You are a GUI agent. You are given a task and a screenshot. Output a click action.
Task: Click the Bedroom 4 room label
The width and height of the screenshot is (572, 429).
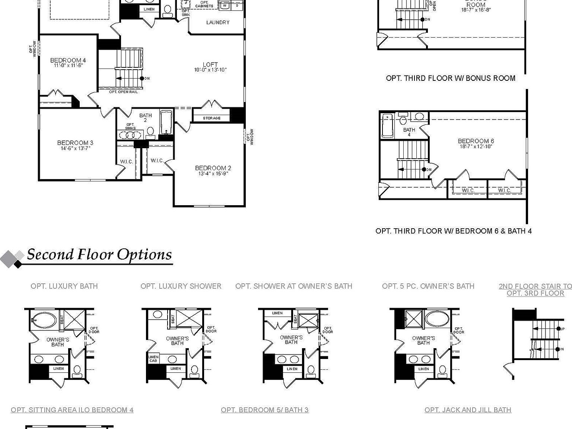point(68,60)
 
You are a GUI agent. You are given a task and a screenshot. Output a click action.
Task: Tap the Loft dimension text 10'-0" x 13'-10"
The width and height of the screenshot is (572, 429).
point(210,70)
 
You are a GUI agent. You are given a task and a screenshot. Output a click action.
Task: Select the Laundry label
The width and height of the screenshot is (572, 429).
point(218,22)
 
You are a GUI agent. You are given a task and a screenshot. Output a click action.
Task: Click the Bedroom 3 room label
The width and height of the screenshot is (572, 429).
point(75,143)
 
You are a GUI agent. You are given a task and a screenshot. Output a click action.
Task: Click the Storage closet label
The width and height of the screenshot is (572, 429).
point(212,118)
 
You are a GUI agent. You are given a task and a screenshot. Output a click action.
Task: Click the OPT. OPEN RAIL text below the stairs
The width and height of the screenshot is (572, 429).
point(123,92)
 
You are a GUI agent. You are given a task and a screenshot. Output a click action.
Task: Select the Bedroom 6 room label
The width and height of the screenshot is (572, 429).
point(476,141)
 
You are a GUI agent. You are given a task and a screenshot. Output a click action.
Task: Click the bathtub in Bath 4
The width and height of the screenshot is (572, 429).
point(387,126)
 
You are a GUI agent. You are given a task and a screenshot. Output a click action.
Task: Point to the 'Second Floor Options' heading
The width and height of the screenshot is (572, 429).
point(99,255)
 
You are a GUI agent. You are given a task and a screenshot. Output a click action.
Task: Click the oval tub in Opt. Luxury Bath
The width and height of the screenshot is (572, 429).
point(44,320)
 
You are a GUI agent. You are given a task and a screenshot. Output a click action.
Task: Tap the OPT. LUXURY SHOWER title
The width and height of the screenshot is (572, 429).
point(181,286)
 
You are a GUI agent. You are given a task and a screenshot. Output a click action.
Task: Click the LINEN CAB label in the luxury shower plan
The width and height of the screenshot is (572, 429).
point(153,359)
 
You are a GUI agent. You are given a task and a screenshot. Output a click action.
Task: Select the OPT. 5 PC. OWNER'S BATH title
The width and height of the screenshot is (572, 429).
point(428,286)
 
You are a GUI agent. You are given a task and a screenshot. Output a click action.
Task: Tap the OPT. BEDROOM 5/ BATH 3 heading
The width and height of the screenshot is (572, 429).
point(264,410)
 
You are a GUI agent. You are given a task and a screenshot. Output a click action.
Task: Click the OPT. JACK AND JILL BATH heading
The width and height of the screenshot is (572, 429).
point(468,410)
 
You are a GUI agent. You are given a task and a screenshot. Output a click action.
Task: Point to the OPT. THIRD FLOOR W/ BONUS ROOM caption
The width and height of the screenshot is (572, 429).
point(451,78)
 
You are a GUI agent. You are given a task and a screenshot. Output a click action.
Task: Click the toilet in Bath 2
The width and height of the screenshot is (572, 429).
point(150,131)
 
